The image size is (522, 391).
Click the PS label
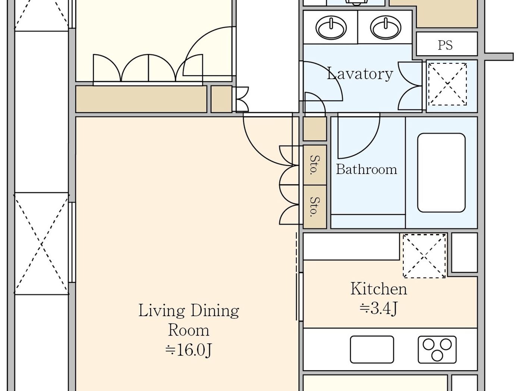(445, 45)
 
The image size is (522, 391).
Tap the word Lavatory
(360, 74)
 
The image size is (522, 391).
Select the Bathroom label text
(367, 169)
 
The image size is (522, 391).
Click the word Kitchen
(378, 289)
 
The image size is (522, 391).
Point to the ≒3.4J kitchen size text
(378, 308)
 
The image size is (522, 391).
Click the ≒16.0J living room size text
(189, 350)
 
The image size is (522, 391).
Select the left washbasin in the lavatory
(331, 27)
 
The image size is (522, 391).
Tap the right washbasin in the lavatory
(386, 27)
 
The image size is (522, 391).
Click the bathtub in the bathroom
(441, 173)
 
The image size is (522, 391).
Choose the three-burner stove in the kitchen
(437, 349)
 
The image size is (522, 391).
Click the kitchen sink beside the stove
(372, 349)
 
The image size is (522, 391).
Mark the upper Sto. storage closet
(315, 165)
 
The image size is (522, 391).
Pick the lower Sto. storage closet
(315, 207)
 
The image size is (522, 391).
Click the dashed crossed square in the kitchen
(424, 256)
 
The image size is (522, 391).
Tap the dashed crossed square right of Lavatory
(447, 84)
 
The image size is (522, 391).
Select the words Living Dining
(189, 311)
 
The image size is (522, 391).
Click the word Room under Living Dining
(189, 330)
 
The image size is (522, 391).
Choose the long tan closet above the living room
(141, 99)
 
